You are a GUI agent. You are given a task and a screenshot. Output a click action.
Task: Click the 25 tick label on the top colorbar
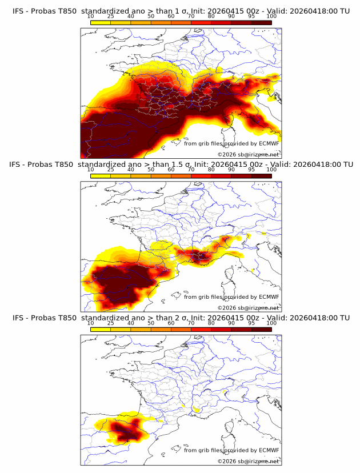coord(111,16)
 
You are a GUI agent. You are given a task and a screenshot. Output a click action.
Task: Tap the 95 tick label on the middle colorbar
coord(251,170)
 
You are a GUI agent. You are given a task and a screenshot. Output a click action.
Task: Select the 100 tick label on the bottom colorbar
coord(271,323)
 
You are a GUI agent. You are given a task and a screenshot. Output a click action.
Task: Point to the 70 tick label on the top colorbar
coord(191,16)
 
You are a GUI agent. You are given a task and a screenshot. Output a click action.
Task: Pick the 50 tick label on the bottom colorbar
coord(151,323)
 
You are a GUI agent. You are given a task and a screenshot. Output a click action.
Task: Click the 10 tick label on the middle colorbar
coord(91,170)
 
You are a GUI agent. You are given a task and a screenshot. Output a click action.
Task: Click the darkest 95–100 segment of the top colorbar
coord(261,22)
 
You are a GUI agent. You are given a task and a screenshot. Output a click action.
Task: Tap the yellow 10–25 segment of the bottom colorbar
coord(101,330)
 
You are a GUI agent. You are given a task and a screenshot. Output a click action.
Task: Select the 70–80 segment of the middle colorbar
coord(201,176)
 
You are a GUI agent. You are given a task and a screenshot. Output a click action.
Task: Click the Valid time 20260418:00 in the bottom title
coord(315,318)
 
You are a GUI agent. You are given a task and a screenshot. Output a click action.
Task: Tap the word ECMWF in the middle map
coord(269,296)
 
